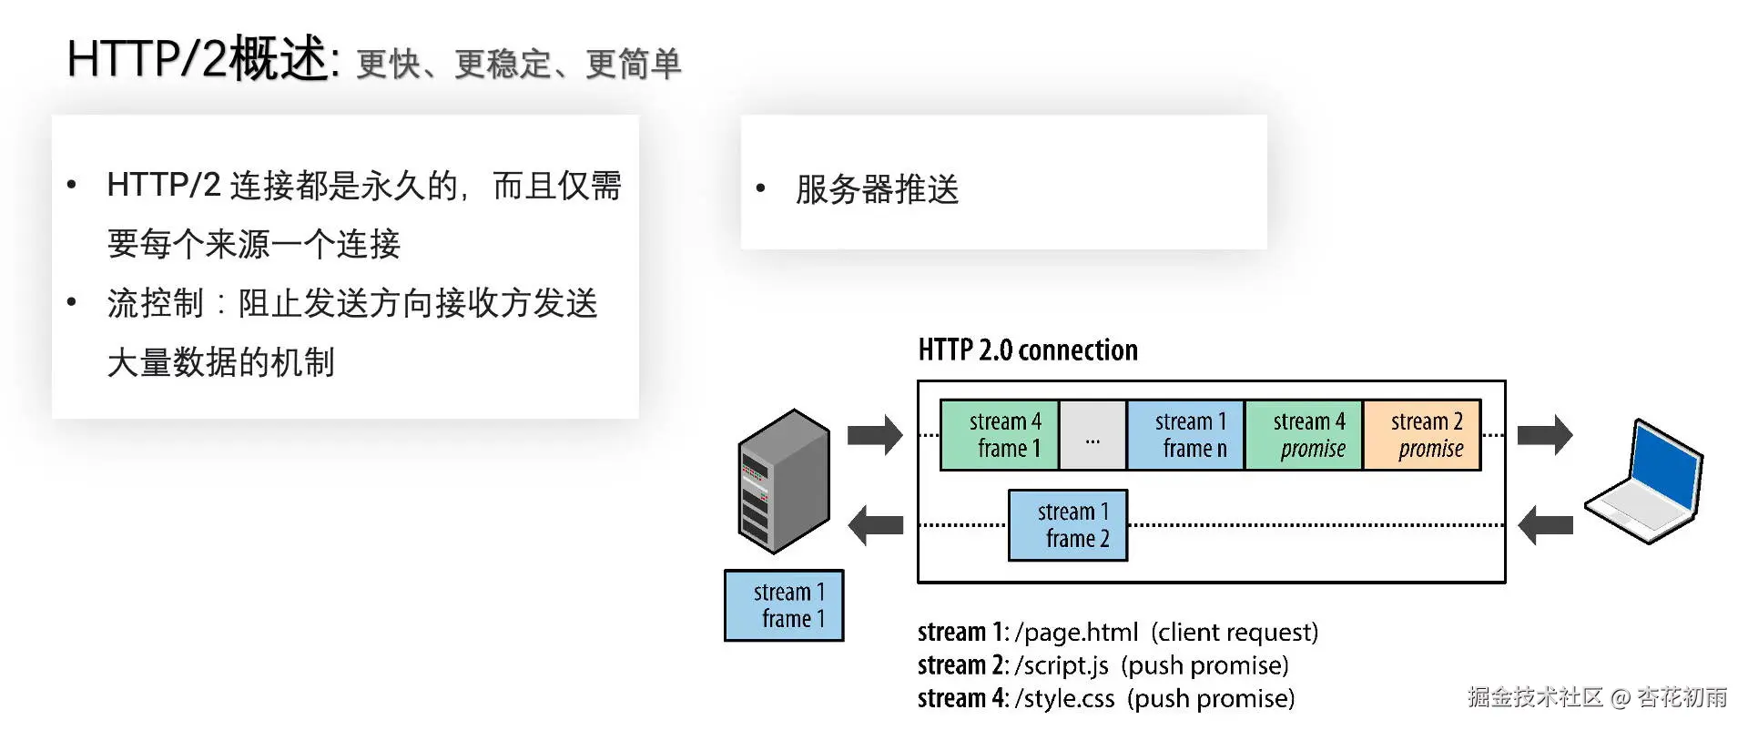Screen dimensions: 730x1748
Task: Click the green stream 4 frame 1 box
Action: point(999,435)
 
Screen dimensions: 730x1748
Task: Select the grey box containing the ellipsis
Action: point(1092,435)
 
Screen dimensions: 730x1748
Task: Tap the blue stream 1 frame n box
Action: point(1185,435)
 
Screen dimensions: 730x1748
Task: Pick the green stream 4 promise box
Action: point(1304,435)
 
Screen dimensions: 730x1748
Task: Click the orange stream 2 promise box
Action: point(1422,435)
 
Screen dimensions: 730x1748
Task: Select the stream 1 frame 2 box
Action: point(1068,525)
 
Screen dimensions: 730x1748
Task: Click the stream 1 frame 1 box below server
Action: point(784,605)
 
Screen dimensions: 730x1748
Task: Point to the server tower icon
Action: point(784,482)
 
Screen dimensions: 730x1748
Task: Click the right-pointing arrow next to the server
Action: point(875,434)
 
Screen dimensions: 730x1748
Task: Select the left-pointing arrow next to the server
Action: point(875,525)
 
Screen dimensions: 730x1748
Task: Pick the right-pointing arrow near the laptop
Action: point(1545,434)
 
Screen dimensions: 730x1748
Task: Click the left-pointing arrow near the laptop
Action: point(1545,525)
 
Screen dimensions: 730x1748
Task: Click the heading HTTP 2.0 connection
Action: point(1028,350)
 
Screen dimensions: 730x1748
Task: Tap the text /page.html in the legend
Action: point(1076,633)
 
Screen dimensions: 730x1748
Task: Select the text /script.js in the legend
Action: point(1062,665)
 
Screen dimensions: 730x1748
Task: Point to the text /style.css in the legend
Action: point(1064,699)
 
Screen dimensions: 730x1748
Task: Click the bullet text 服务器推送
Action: point(877,189)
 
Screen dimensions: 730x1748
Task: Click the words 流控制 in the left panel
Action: point(155,303)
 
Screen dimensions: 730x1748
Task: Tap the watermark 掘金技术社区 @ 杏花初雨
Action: point(1597,697)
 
